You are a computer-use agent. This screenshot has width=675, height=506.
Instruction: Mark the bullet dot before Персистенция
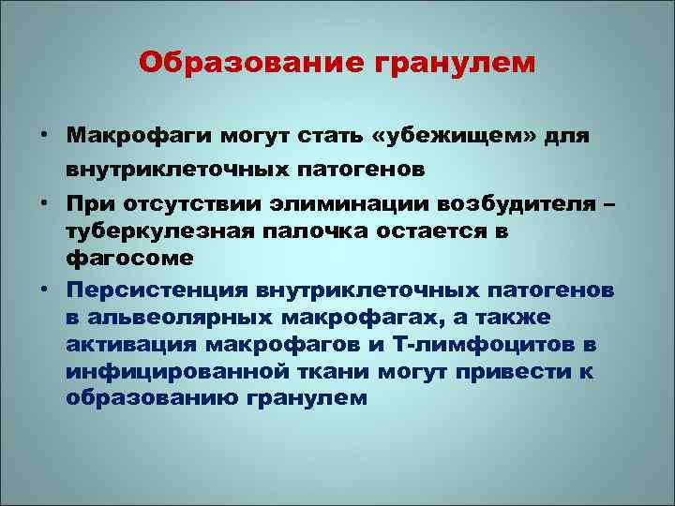point(44,290)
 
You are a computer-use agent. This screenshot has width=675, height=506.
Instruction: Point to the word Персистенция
point(165,290)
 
